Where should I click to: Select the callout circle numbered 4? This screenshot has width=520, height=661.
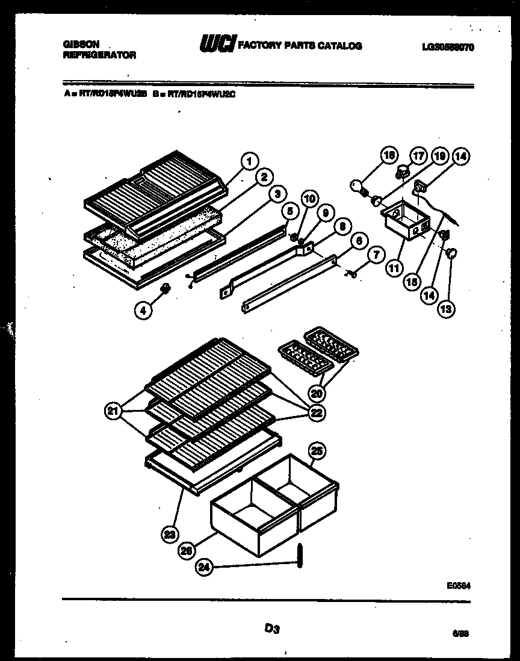click(x=143, y=311)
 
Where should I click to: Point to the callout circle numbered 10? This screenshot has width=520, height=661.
click(x=309, y=199)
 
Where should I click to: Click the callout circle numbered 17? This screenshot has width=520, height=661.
click(x=418, y=155)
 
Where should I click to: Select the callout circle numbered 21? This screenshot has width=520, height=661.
click(x=112, y=412)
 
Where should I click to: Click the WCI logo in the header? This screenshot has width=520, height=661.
click(x=217, y=45)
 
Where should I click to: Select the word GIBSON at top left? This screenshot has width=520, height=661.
click(x=81, y=45)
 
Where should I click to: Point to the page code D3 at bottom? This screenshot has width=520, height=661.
click(x=272, y=628)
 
